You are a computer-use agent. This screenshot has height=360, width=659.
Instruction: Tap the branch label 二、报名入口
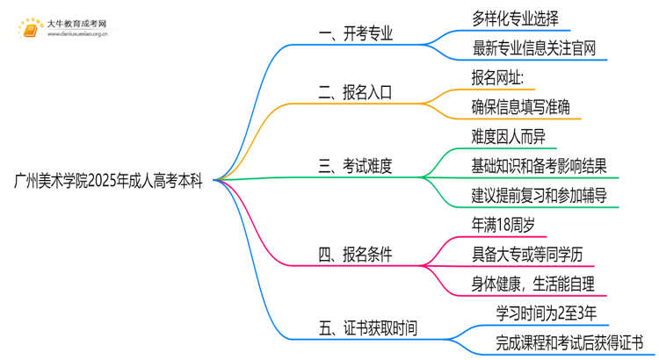(x=356, y=91)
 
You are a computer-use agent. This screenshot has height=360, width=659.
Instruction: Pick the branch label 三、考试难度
(x=356, y=164)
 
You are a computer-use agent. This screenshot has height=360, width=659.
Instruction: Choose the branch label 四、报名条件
(x=356, y=256)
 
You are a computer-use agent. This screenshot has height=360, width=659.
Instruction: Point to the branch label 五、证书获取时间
(x=368, y=328)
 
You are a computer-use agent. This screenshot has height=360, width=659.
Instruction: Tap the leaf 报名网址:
(x=498, y=76)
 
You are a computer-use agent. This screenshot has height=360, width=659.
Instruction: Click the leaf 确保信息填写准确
(x=520, y=106)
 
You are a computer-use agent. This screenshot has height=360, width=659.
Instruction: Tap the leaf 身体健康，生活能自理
(x=532, y=284)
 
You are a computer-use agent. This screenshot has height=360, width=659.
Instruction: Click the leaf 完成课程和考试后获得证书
(x=556, y=343)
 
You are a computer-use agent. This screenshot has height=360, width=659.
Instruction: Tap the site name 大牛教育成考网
(x=79, y=21)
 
